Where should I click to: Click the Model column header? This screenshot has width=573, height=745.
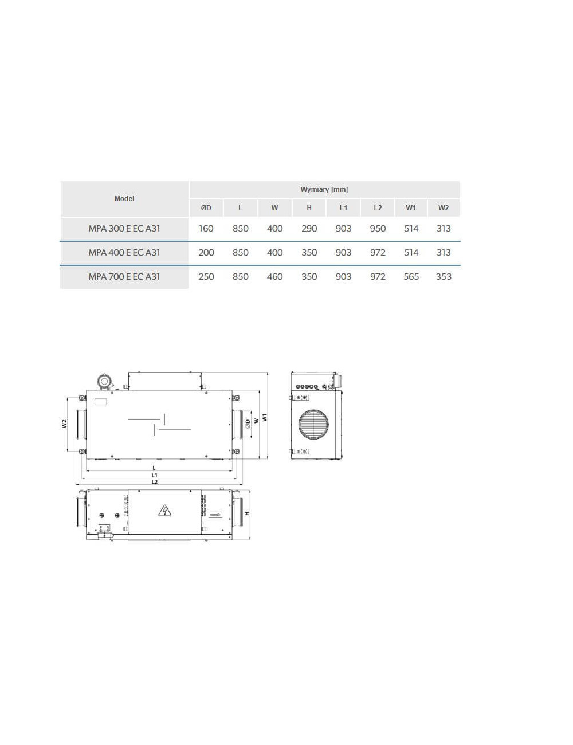click(x=124, y=198)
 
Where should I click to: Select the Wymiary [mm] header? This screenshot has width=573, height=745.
click(x=324, y=189)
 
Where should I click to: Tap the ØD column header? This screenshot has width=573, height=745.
click(x=206, y=208)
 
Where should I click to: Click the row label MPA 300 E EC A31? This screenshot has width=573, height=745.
click(x=124, y=228)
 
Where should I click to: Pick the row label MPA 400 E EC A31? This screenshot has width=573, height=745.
click(x=124, y=252)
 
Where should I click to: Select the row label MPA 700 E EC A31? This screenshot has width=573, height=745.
click(x=124, y=276)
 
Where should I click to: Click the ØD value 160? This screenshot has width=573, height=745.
click(x=206, y=228)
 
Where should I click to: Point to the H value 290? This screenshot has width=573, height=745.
click(x=309, y=228)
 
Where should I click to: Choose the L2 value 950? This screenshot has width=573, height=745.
click(x=378, y=228)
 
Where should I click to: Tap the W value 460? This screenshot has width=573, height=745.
click(x=274, y=276)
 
